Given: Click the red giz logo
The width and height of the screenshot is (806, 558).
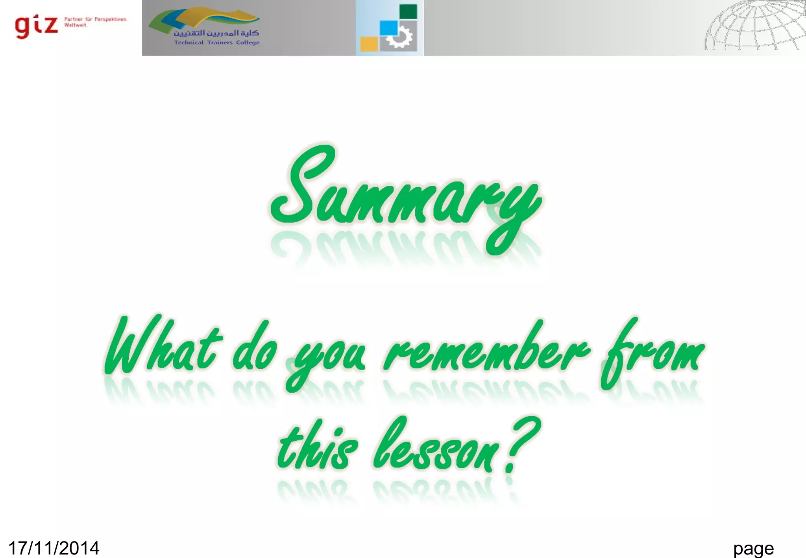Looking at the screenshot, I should click(x=36, y=26).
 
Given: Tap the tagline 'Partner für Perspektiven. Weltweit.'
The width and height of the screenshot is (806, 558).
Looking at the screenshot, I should click(x=95, y=22).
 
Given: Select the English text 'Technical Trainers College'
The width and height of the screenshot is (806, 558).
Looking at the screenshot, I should click(x=217, y=42).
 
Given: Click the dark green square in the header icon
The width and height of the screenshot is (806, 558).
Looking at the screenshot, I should click(x=408, y=11).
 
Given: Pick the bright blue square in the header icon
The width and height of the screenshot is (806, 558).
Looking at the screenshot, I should click(x=389, y=28).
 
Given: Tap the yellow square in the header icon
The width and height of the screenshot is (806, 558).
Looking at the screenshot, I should click(x=369, y=44).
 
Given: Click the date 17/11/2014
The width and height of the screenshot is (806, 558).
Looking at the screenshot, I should click(x=54, y=548).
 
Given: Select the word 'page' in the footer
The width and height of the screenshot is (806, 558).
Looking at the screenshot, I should click(x=753, y=548).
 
